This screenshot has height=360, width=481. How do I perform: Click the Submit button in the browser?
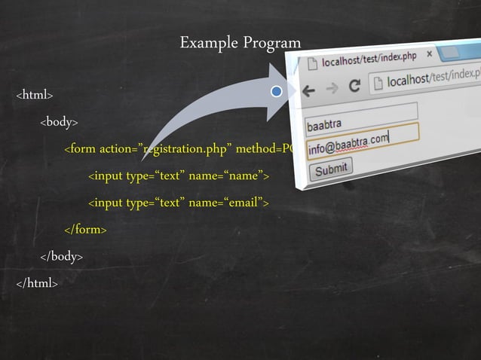(x=332, y=169)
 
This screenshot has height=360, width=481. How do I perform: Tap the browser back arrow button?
(x=308, y=92)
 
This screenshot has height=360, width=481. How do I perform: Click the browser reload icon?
(x=354, y=87)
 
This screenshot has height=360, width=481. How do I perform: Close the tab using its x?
(x=430, y=54)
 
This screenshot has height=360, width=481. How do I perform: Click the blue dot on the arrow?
(x=277, y=92)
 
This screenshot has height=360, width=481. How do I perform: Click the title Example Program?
(x=240, y=43)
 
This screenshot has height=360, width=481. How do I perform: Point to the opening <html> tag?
(x=34, y=95)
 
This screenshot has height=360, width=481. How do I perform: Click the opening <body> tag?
(x=59, y=122)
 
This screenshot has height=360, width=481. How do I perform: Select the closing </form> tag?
(x=85, y=229)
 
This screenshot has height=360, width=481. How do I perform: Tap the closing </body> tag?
(x=61, y=256)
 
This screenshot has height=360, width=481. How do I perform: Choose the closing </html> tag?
(x=36, y=283)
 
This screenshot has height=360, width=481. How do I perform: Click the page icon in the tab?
(x=311, y=67)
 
